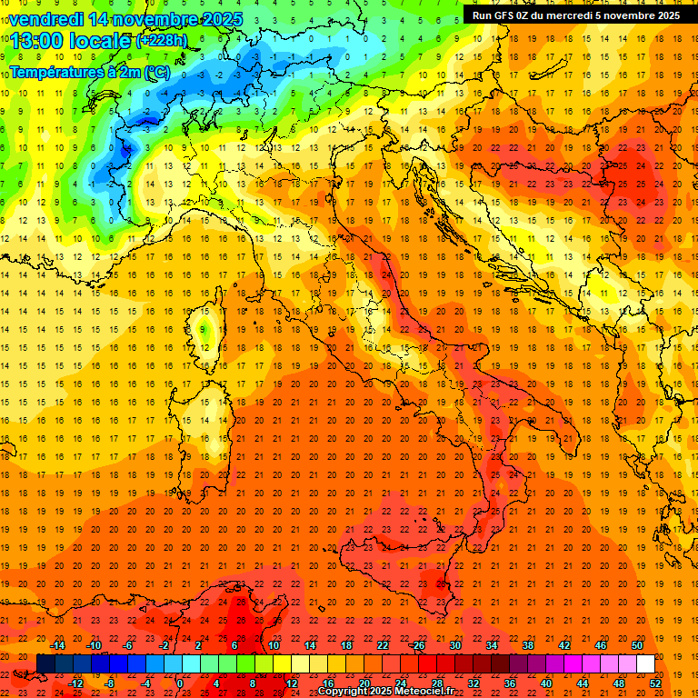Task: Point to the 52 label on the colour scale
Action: click(655, 683)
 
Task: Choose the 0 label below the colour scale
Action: click(180, 683)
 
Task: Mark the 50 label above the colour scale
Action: click(636, 645)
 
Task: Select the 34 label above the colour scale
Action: click(491, 645)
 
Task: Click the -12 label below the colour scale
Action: click(75, 683)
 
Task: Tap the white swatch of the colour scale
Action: click(645, 663)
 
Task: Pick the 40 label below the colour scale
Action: click(546, 683)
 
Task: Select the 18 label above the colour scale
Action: click(345, 645)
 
